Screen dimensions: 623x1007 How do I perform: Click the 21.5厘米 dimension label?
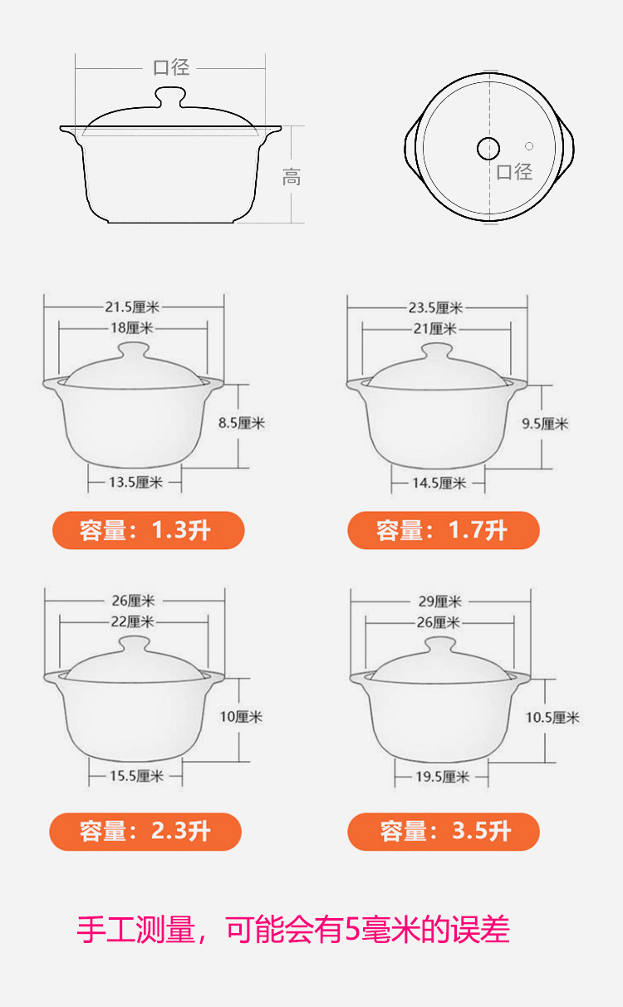pos(132,307)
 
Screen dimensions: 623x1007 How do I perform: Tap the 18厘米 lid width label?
pos(132,327)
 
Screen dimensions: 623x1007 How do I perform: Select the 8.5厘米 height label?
pos(242,423)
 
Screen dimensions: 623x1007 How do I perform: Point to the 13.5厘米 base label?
pos(135,483)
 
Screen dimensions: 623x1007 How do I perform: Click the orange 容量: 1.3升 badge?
pos(149,530)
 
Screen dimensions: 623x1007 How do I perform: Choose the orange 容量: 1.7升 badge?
pos(444,530)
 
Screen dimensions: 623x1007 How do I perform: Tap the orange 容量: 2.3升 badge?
pos(145,831)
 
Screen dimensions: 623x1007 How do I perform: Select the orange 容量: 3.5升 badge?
pos(444,831)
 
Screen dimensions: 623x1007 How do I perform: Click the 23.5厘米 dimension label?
pos(435,307)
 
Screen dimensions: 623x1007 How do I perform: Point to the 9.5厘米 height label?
pos(545,424)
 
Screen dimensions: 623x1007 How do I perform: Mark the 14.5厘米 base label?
pos(439,484)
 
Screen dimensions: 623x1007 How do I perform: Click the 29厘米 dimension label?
pos(440,601)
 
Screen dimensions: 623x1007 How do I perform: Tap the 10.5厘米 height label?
pos(553,718)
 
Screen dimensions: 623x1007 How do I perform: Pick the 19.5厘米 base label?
pos(442,777)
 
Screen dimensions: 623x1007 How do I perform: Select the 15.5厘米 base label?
pos(137,776)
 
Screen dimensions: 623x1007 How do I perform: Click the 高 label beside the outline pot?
pos(292,177)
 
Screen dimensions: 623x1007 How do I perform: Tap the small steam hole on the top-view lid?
pos(529,146)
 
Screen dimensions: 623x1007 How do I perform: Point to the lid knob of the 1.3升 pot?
pos(134,351)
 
